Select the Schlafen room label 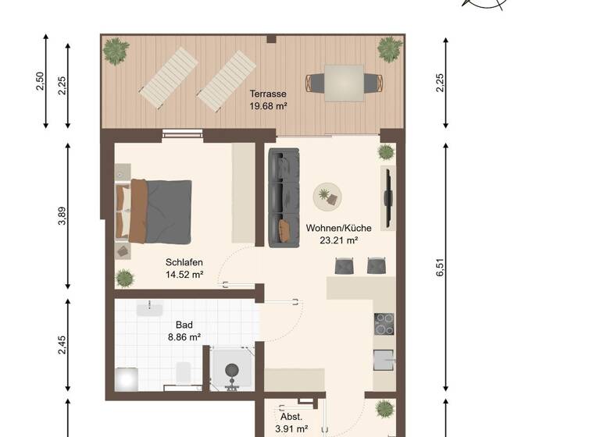pos(184,262)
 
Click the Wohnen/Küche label pos(338,228)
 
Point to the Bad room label pos(184,325)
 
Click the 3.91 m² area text pos(291,428)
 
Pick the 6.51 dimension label pos(440,267)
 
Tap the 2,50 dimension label pos(41,81)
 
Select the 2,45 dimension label pos(62,344)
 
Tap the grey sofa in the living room pos(284,198)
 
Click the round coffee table pos(327,194)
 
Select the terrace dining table pos(344,80)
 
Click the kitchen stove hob pos(384,323)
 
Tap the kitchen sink pos(384,360)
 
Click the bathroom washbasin pos(149,310)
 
